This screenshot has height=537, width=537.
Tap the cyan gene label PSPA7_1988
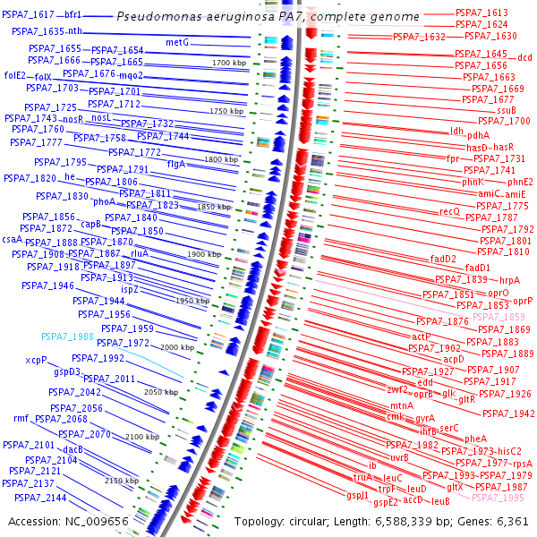point(67,337)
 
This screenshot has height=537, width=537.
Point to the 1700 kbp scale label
point(228,63)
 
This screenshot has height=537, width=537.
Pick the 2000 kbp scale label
point(176,347)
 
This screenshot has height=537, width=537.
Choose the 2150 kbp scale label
point(121,481)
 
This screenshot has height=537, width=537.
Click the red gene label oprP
point(523,301)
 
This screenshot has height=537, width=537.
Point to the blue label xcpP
point(36,360)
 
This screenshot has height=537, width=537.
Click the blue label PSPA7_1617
point(28,15)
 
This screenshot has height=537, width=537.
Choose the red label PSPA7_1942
point(507,413)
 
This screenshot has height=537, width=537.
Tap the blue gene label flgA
point(175,164)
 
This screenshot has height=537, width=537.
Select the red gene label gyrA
point(425,418)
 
